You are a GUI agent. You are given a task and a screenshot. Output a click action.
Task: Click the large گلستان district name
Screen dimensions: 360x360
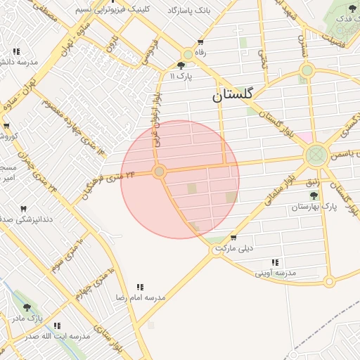click(236, 96)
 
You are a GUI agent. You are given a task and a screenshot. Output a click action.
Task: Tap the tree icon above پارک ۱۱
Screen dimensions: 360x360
click(181, 66)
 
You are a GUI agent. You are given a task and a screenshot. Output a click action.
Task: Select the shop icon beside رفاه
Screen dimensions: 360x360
click(201, 41)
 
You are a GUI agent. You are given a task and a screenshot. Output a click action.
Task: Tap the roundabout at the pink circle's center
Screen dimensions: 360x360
click(160, 172)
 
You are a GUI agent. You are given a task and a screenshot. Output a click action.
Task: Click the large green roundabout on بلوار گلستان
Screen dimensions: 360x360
click(316, 153)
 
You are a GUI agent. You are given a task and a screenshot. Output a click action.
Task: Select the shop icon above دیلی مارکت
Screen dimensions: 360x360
click(233, 238)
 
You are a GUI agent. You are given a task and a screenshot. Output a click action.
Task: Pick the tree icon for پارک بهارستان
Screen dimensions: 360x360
click(314, 195)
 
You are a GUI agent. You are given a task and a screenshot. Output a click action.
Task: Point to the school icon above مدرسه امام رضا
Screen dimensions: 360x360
click(140, 287)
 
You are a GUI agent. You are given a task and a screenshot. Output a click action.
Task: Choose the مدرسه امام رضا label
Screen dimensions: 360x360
click(140, 297)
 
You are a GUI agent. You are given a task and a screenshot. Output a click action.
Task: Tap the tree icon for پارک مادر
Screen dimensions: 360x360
click(27, 307)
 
